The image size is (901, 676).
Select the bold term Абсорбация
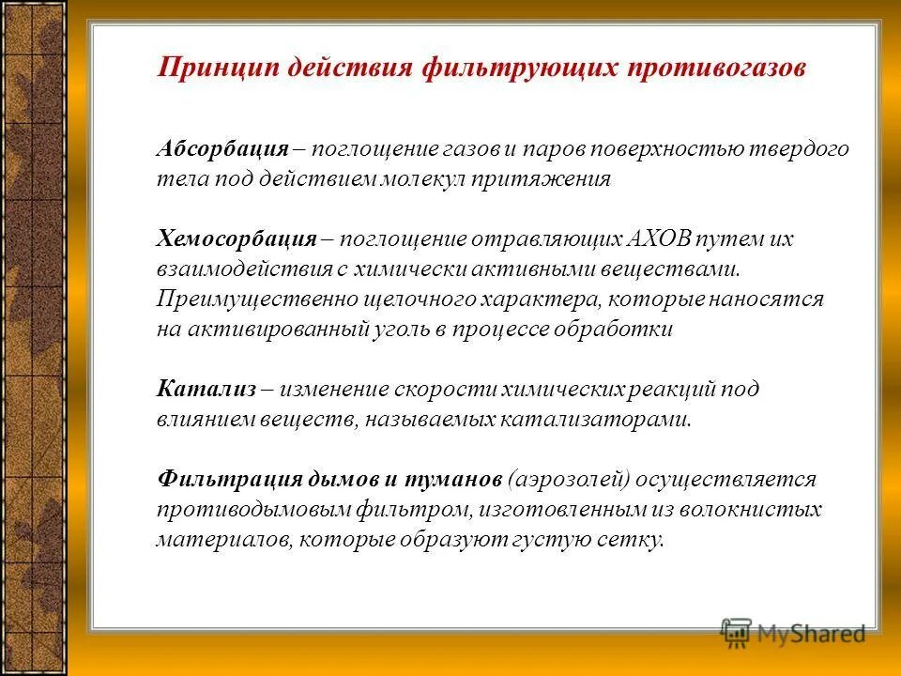(x=221, y=149)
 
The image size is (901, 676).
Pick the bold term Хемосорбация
(x=235, y=239)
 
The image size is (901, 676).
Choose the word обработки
(x=622, y=330)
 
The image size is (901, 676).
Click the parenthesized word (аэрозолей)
(x=567, y=480)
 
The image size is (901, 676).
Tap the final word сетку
(x=634, y=540)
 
